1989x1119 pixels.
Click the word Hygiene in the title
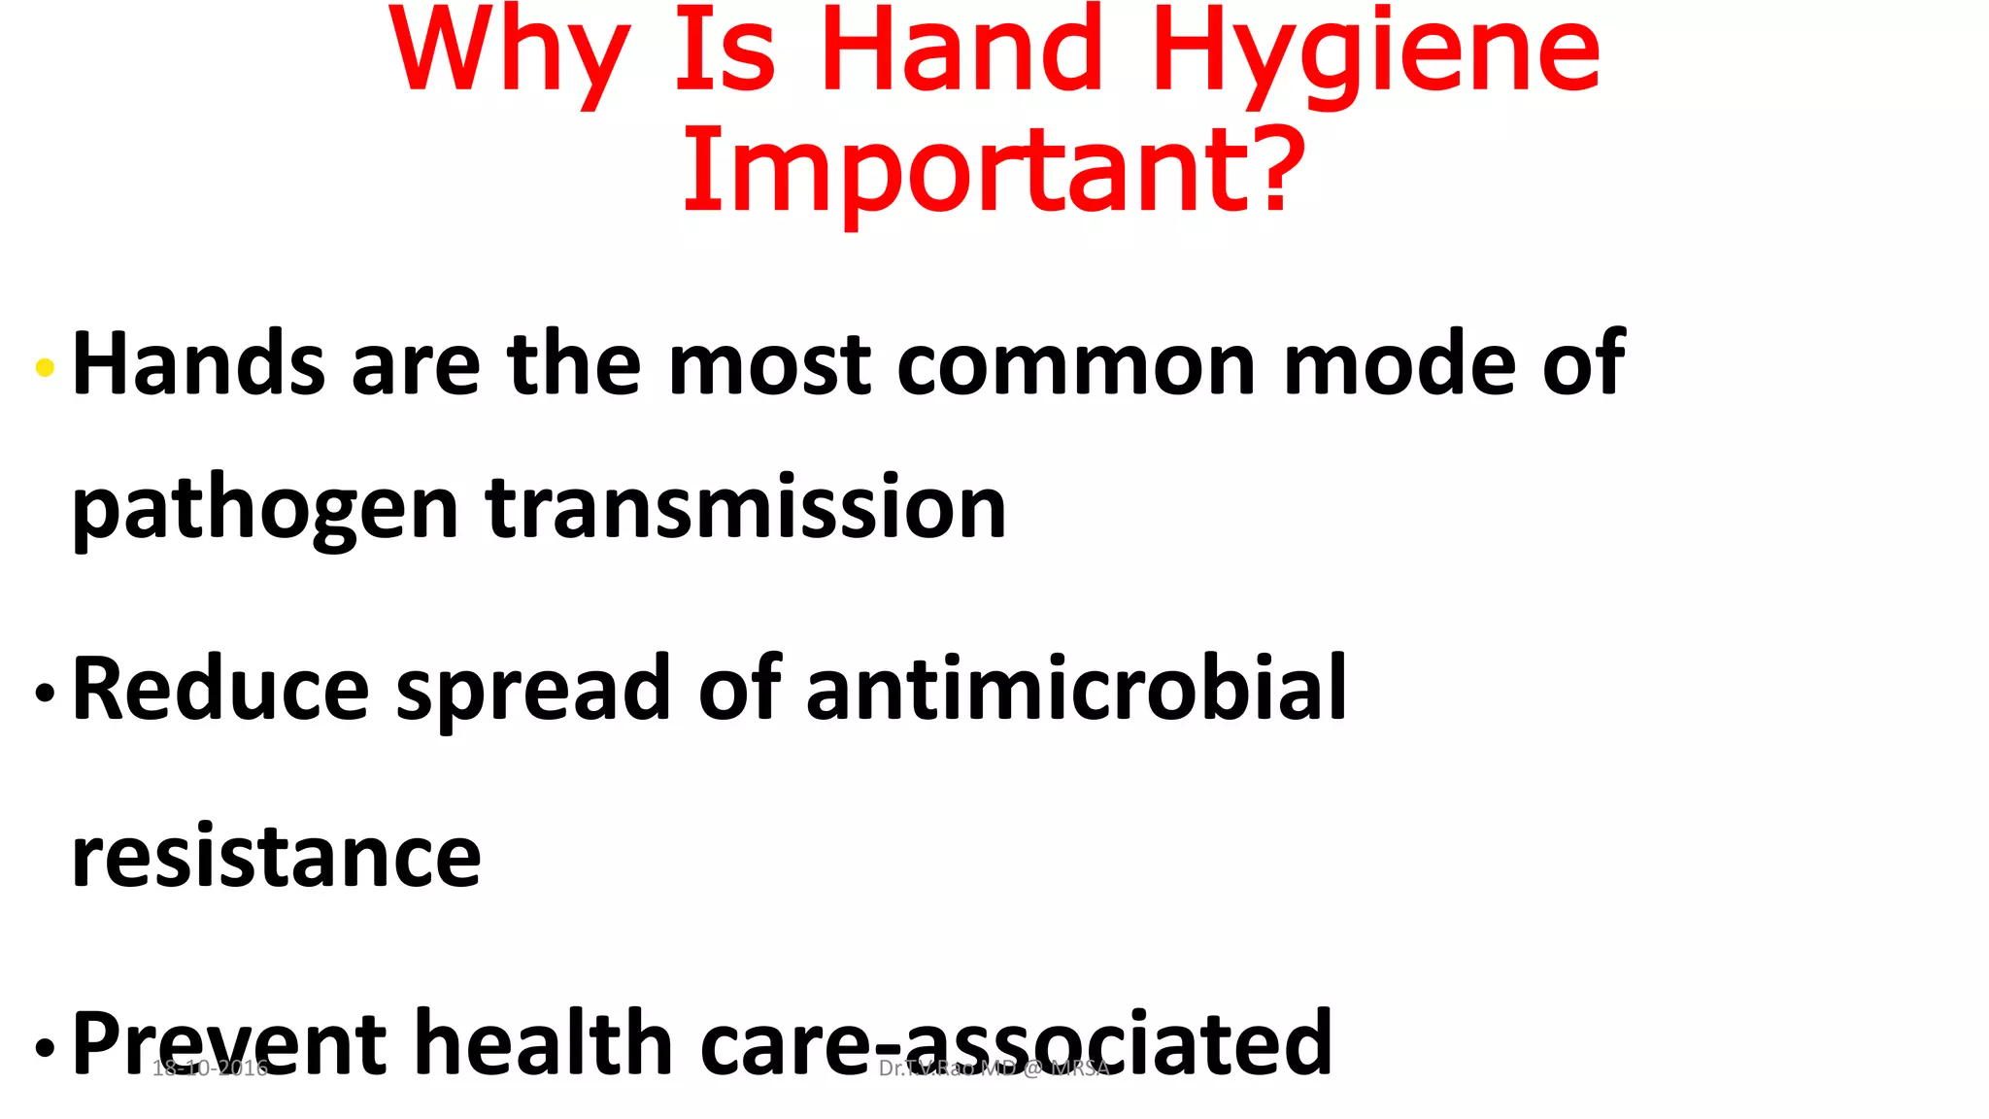point(1376,53)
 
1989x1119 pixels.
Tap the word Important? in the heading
point(994,170)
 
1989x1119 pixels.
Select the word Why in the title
point(509,53)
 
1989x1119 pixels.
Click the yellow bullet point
point(45,367)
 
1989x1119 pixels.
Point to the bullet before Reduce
point(45,694)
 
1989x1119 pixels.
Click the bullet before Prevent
point(45,1048)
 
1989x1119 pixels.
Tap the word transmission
point(746,508)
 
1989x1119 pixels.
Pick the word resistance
point(276,857)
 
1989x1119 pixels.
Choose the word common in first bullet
point(1077,366)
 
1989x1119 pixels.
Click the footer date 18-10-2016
point(210,1068)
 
